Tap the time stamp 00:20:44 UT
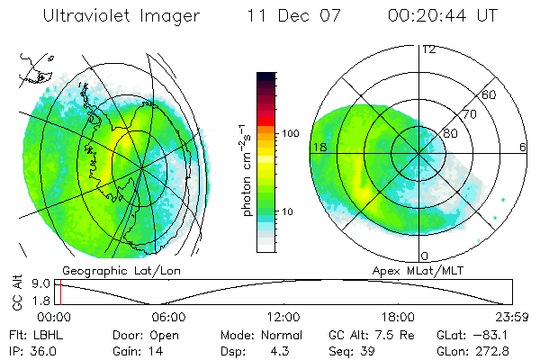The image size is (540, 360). [x=442, y=16]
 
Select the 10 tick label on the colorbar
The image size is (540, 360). [x=291, y=211]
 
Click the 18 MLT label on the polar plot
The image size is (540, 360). [x=318, y=147]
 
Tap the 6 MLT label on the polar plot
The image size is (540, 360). [x=523, y=147]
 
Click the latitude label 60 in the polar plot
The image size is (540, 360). [x=490, y=94]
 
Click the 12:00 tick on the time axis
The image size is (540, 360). [x=283, y=317]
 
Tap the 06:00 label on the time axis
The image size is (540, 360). [x=168, y=317]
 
